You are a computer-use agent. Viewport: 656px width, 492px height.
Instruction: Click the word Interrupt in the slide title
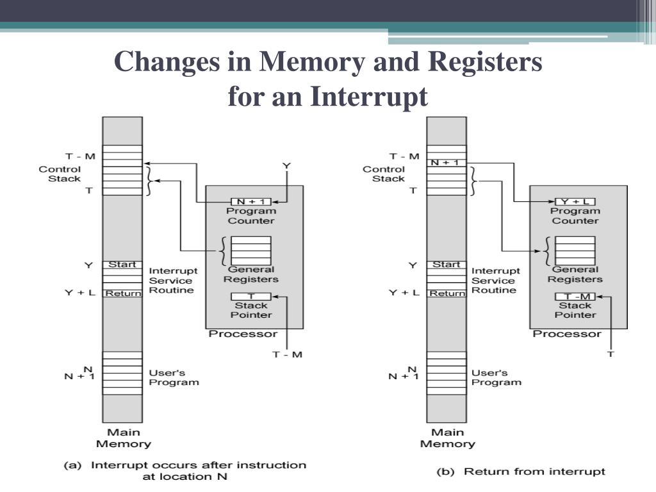coord(370,97)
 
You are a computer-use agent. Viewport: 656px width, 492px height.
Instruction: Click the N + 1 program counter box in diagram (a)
coord(250,202)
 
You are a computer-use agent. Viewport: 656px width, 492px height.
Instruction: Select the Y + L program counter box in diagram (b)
coord(575,202)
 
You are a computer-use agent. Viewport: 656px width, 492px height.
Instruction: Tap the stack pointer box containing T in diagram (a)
coord(250,296)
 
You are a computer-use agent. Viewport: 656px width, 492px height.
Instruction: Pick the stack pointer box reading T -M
coord(575,296)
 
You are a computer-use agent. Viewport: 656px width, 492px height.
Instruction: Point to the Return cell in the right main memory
coord(447,293)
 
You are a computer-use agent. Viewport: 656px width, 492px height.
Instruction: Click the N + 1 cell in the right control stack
coord(446,163)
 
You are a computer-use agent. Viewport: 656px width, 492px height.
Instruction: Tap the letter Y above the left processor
coord(286,167)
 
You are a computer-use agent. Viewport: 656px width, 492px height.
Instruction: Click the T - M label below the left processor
coord(288,354)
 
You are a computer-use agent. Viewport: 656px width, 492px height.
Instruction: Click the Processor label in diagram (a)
coord(243,334)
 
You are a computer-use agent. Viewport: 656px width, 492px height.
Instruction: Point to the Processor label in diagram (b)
coord(567,334)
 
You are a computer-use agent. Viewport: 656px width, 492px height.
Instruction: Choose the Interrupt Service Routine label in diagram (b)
coord(495,281)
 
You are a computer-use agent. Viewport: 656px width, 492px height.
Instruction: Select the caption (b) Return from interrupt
coord(520,471)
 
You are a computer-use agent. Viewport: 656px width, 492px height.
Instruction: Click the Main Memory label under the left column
coord(123,438)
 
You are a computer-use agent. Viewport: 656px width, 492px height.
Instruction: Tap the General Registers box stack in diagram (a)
coord(250,251)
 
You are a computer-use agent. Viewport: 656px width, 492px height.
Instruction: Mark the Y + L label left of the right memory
coord(404,293)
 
